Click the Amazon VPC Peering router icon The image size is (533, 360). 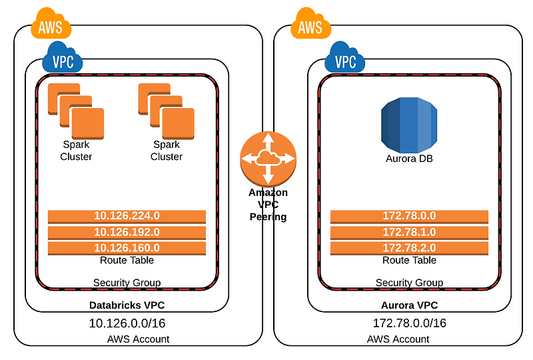click(x=268, y=158)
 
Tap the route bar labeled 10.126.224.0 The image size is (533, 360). click(x=127, y=216)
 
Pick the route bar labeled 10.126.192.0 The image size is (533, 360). click(x=127, y=232)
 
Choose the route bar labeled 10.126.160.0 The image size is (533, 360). click(x=127, y=248)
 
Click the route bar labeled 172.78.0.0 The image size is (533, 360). click(x=409, y=216)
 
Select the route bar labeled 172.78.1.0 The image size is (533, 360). click(x=409, y=232)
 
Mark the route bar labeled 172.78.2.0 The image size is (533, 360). click(x=409, y=248)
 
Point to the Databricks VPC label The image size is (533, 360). click(x=127, y=305)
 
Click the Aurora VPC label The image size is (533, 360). click(x=409, y=305)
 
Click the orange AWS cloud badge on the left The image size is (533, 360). click(x=51, y=27)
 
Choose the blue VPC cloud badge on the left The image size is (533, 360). click(x=63, y=61)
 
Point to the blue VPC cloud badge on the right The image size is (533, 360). click(x=345, y=61)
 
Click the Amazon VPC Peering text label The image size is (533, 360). click(x=268, y=205)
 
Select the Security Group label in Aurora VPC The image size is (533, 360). click(x=409, y=283)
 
